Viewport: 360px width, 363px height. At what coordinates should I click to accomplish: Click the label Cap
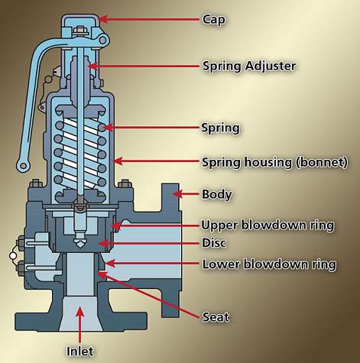click(213, 20)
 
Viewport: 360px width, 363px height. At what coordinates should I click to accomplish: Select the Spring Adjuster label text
click(249, 66)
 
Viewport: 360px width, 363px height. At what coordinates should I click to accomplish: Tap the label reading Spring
click(220, 128)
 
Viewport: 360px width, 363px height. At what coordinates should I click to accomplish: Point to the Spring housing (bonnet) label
click(274, 162)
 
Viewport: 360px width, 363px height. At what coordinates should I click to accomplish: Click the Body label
click(217, 194)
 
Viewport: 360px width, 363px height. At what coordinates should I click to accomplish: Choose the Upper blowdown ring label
click(268, 225)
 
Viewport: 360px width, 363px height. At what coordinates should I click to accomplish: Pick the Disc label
click(214, 243)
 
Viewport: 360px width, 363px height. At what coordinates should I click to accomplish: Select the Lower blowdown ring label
click(269, 264)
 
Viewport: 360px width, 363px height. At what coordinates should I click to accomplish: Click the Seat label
click(216, 317)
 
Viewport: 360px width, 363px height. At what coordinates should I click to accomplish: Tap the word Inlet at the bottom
click(80, 352)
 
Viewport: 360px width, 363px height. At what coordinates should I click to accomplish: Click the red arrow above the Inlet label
click(80, 325)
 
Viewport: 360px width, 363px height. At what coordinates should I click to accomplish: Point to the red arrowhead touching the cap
click(103, 19)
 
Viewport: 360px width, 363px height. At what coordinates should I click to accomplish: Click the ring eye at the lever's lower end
click(23, 166)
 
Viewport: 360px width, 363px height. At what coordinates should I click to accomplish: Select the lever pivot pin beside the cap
click(103, 40)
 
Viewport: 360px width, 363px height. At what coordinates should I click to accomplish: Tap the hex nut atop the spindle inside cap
click(79, 31)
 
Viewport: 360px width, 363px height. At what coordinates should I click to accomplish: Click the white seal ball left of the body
click(12, 255)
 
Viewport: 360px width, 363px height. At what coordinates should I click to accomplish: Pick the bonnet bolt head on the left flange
click(35, 184)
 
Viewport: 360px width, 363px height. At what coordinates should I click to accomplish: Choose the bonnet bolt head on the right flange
click(125, 184)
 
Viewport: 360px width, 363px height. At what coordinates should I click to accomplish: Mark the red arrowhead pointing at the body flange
click(178, 194)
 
